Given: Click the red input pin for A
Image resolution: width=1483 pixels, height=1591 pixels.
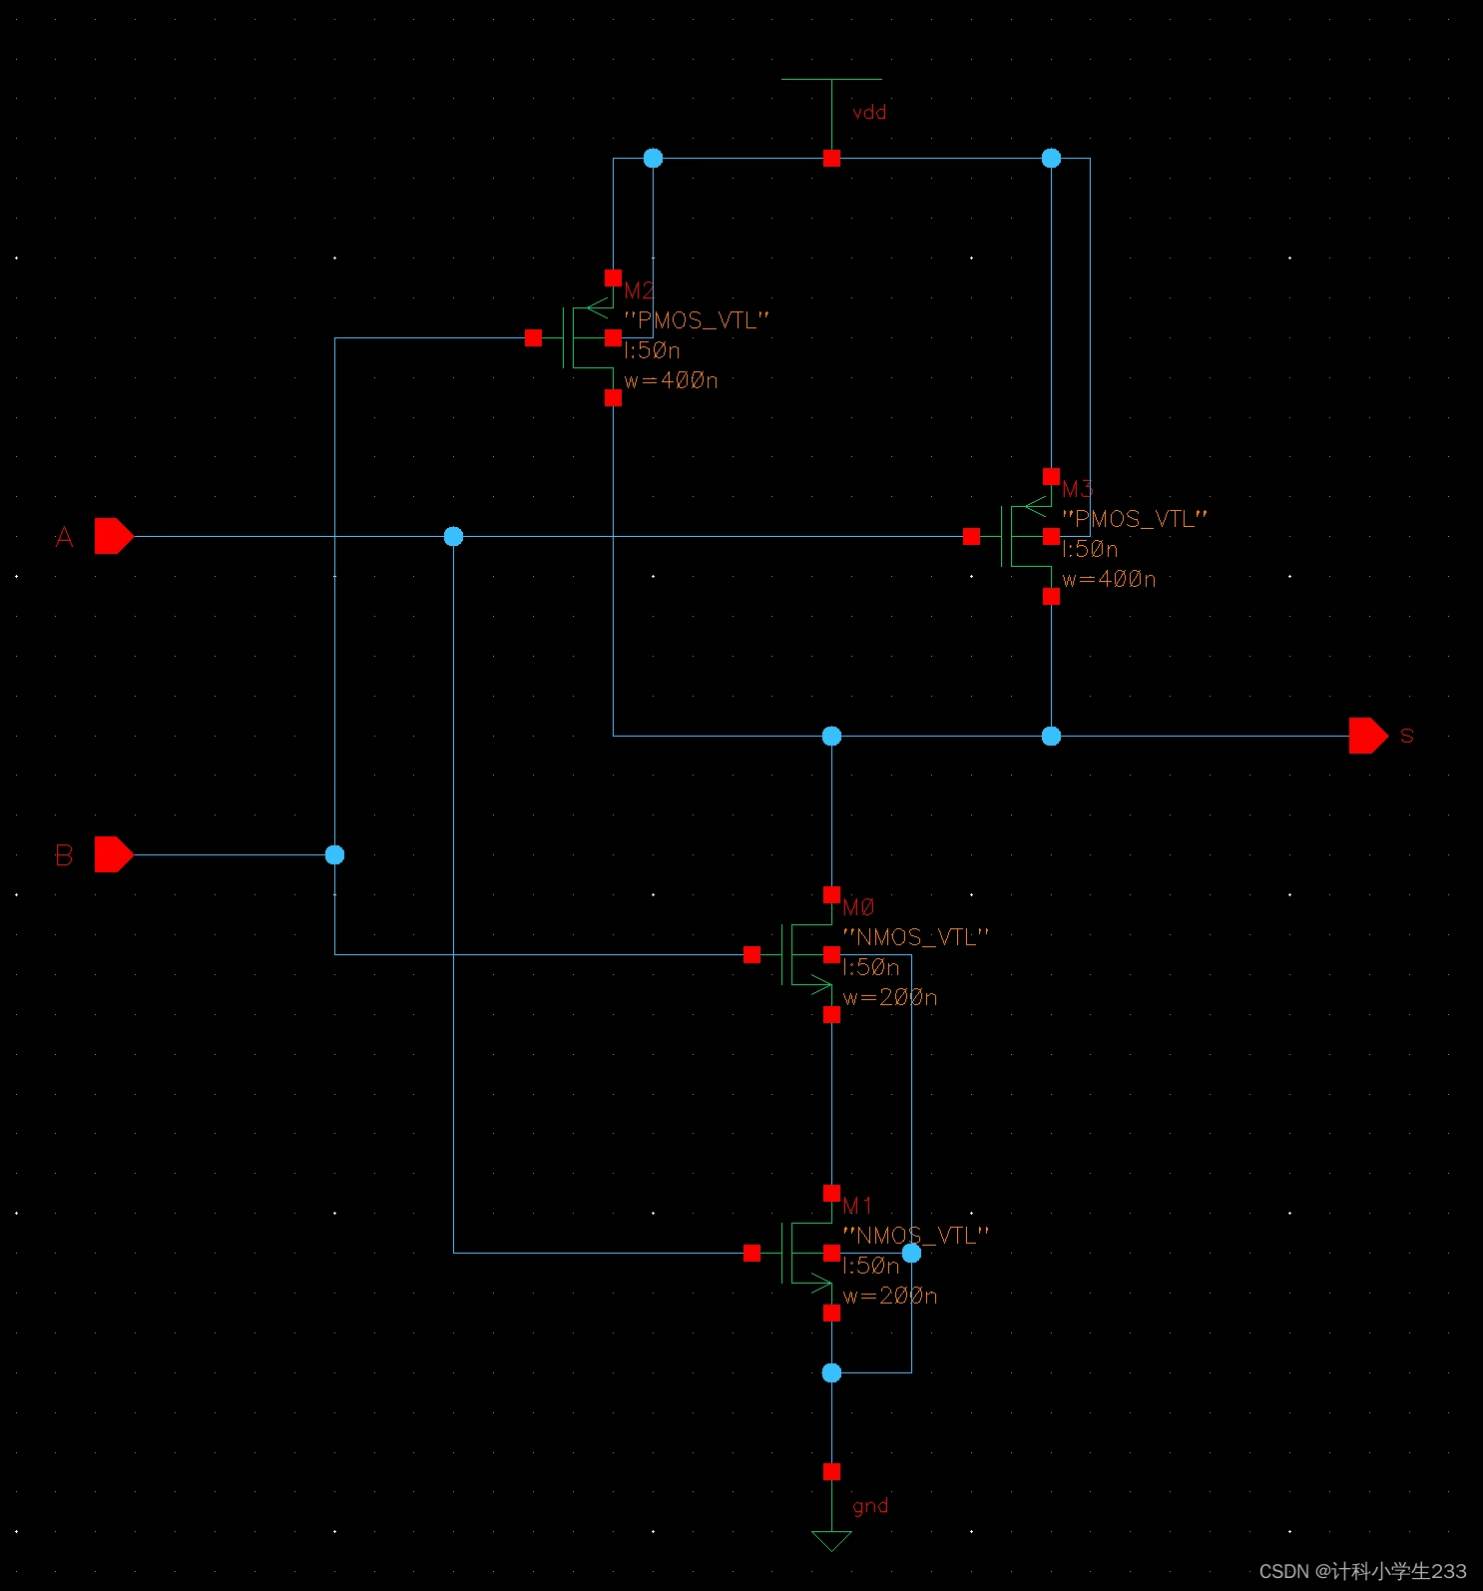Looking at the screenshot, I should [113, 536].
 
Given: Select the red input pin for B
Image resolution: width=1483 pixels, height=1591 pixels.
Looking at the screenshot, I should [113, 854].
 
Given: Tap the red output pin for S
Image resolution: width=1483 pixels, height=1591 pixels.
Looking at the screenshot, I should [1367, 736].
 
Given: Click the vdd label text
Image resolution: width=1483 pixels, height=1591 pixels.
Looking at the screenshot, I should [869, 113].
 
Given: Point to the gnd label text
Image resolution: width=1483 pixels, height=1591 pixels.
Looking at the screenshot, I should [870, 1506].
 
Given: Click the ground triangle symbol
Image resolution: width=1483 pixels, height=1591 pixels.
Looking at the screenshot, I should [831, 1540].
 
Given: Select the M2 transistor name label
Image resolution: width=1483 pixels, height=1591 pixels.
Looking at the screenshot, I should [639, 290].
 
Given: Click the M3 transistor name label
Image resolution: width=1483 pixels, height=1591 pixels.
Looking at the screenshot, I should [1077, 489].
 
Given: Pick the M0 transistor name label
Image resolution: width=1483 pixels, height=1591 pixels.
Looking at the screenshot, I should [858, 907].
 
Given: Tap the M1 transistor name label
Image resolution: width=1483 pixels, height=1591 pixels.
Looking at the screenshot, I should [857, 1206].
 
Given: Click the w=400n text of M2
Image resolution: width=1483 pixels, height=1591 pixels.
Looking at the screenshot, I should [671, 380].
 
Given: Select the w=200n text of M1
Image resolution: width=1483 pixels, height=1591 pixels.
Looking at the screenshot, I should [890, 1296].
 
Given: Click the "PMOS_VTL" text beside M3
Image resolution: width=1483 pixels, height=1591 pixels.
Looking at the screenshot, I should [1135, 519].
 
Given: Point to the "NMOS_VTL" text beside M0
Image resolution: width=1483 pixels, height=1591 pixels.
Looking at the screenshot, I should [916, 937].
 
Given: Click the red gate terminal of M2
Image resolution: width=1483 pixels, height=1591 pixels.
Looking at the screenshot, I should [533, 338].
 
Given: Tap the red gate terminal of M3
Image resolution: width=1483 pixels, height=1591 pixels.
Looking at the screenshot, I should [971, 537].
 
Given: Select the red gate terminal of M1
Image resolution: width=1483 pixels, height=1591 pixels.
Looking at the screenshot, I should [751, 1253].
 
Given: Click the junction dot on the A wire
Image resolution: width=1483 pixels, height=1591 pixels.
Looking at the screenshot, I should [453, 537].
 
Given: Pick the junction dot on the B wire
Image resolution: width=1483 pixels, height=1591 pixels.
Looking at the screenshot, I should [334, 854].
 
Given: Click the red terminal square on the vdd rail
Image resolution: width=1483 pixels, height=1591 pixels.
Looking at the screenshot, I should [831, 158].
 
